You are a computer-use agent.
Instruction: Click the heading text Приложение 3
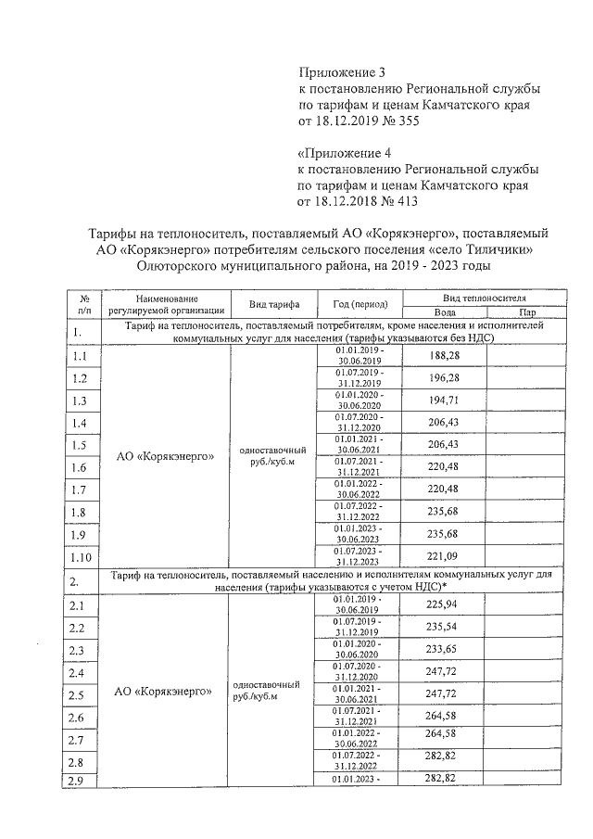pos(339,72)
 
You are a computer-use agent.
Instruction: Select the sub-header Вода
pos(445,311)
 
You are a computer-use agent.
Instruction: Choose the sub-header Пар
pos(527,311)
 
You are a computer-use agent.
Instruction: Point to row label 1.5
pos(80,446)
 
